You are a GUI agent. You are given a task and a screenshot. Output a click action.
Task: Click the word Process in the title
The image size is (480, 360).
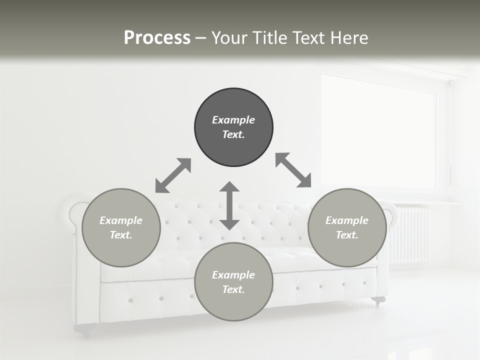[x=157, y=38]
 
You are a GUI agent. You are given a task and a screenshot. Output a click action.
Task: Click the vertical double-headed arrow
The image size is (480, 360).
[x=229, y=205]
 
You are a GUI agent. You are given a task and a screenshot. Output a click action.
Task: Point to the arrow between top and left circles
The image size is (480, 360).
[x=173, y=175]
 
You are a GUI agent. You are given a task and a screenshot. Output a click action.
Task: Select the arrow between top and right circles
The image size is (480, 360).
[x=293, y=170]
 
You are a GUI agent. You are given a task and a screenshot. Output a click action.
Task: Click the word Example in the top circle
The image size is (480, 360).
[x=233, y=120]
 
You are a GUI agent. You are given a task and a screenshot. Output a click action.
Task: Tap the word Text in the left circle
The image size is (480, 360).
[x=121, y=235]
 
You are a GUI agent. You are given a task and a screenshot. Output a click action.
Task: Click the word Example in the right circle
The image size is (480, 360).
[x=347, y=220]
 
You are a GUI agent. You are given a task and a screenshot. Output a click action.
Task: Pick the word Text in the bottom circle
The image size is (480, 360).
[x=233, y=289]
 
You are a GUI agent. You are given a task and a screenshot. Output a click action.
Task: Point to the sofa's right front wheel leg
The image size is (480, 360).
[x=379, y=300]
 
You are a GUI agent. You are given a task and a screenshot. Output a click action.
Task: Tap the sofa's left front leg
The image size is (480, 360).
[x=84, y=328]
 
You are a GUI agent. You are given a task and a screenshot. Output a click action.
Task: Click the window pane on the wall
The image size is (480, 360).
[x=378, y=132]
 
